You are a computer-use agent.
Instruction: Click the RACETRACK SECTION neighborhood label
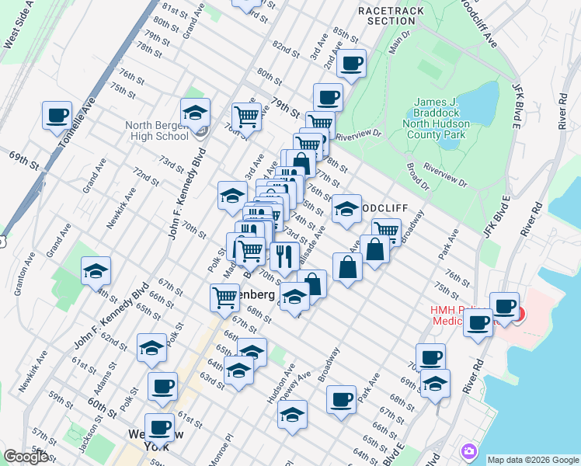pos(387,16)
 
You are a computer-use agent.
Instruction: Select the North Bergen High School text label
pos(156,130)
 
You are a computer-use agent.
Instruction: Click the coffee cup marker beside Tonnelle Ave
pos(57,116)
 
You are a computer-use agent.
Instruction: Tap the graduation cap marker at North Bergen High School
pos(196,113)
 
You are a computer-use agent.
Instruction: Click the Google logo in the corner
pos(27,457)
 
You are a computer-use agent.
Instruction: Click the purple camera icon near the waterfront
pos(469,451)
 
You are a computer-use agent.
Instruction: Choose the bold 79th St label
pos(286,103)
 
